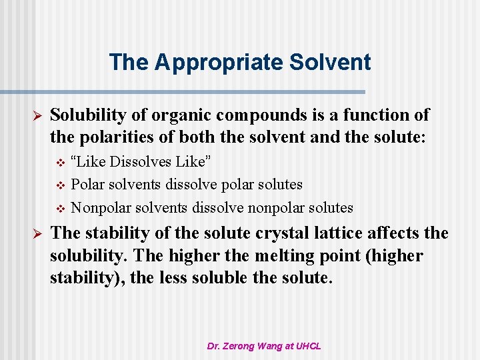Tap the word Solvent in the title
(333, 62)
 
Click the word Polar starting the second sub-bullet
(87, 185)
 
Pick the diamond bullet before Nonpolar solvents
(60, 208)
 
